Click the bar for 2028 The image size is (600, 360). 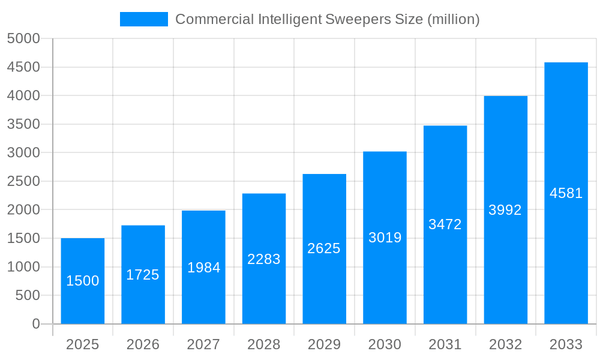tap(264, 259)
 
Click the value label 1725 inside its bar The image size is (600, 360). tap(143, 275)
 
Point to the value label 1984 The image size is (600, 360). tap(203, 268)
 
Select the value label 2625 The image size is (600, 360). tap(324, 248)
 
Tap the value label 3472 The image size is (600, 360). tap(445, 224)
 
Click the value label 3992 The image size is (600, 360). tap(505, 210)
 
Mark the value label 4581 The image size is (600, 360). tap(566, 193)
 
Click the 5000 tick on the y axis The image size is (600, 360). tap(23, 39)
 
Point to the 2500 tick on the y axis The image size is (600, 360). tap(23, 182)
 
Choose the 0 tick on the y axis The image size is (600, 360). tap(36, 324)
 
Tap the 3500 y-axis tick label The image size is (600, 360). tap(23, 125)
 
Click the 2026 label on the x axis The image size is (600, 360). tap(143, 344)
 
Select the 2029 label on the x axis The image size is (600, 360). tap(324, 344)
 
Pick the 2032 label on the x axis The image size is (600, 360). tap(505, 344)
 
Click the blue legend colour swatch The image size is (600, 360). tap(144, 19)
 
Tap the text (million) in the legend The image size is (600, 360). tap(453, 19)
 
